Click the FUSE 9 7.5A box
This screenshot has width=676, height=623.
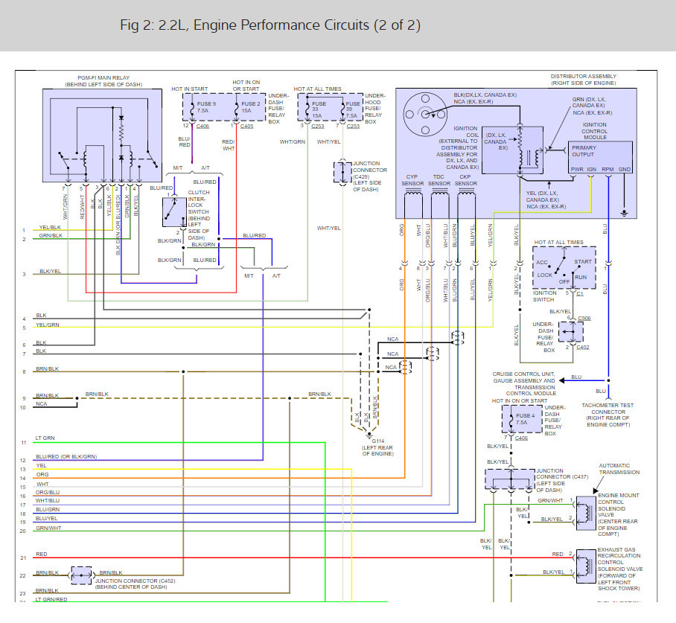[x=201, y=108]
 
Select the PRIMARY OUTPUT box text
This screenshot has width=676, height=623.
[x=584, y=151]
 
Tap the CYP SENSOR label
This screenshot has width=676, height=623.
[x=412, y=180]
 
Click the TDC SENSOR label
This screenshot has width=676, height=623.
[x=440, y=180]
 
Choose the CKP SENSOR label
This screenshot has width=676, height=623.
[x=466, y=180]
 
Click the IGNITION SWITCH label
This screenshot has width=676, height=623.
[x=545, y=296]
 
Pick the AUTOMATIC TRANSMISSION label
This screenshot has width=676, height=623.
[x=619, y=469]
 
